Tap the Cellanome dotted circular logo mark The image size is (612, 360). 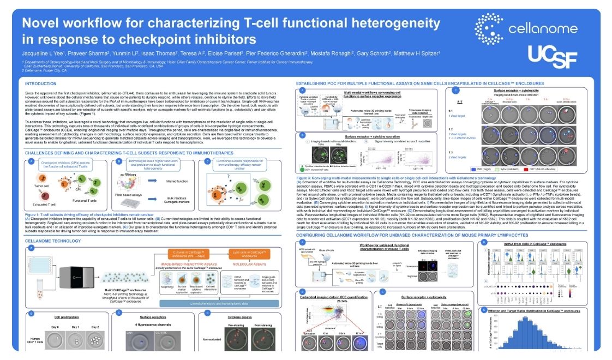click(488, 27)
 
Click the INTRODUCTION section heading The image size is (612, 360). click(41, 83)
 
